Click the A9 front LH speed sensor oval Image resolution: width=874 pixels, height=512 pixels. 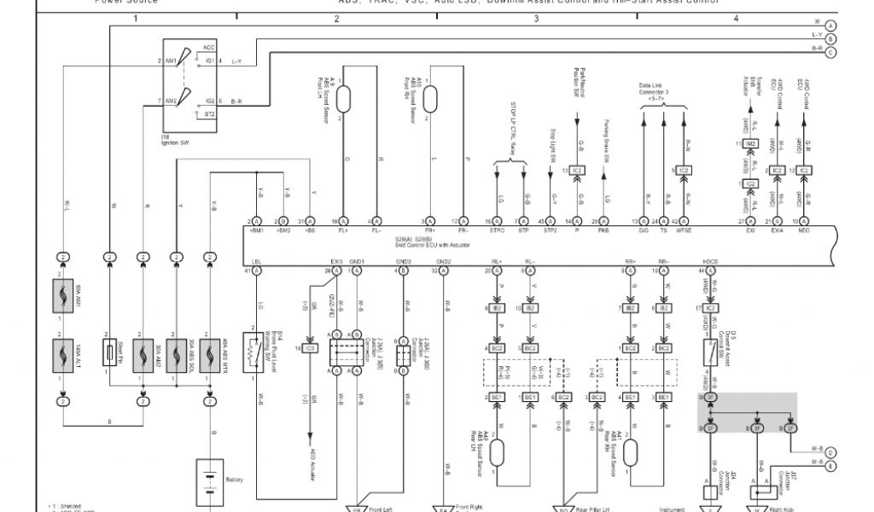pos(345,99)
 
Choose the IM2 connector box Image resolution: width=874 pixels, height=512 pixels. pos(750,146)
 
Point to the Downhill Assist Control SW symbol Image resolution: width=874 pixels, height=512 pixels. pos(709,352)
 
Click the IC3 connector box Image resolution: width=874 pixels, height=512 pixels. pos(311,349)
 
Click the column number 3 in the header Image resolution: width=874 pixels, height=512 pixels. pos(536,18)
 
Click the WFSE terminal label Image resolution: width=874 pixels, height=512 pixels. pos(684,230)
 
